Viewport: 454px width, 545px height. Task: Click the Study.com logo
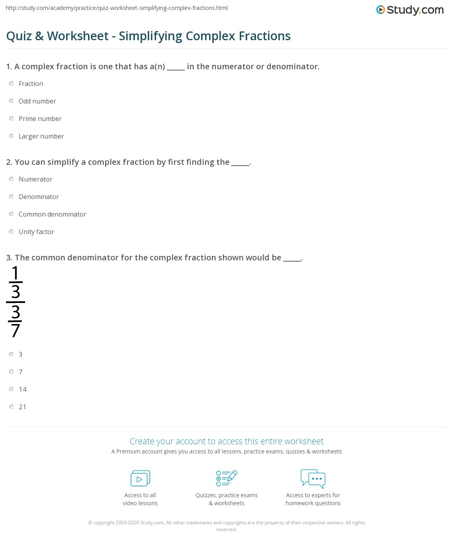tap(410, 10)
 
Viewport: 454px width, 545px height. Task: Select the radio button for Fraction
tap(12, 84)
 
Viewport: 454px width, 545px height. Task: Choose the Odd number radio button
tap(12, 101)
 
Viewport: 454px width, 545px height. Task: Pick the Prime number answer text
tap(40, 119)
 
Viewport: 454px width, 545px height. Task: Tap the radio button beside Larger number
tap(12, 136)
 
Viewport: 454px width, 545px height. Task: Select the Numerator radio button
tap(12, 179)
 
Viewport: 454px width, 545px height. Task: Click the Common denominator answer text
tap(53, 214)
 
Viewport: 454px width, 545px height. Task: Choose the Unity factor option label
tap(36, 232)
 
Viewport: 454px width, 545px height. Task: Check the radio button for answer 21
tap(12, 407)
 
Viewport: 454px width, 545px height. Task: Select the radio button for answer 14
tap(12, 389)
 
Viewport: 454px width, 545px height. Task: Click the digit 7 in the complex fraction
tap(16, 330)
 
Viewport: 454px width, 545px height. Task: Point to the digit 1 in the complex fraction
tap(16, 273)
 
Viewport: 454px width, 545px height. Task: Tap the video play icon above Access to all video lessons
tap(140, 478)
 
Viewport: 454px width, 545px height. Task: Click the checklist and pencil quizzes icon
tap(227, 478)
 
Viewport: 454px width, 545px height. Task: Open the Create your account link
tap(227, 441)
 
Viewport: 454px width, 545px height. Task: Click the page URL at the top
tap(117, 8)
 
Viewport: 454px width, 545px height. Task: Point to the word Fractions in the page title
tap(264, 36)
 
